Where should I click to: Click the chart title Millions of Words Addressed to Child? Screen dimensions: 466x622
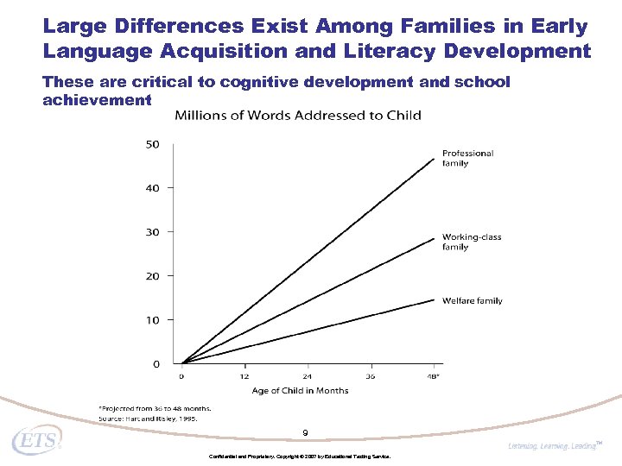(298, 116)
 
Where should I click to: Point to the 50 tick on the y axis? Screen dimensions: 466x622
(152, 144)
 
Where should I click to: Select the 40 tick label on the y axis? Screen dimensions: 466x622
(152, 188)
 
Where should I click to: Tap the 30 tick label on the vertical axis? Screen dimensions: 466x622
(152, 232)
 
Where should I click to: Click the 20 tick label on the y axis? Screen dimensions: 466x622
(152, 276)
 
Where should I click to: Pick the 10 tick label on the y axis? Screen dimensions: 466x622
(152, 320)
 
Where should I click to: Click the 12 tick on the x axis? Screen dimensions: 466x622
(244, 376)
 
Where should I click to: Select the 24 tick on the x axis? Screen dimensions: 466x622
(307, 376)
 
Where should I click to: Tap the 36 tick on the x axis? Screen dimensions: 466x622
(369, 376)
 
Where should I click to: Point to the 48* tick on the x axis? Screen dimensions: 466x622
(433, 376)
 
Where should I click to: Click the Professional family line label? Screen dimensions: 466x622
(467, 158)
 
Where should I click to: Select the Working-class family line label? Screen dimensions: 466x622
(471, 242)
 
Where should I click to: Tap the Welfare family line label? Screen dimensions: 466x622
(472, 301)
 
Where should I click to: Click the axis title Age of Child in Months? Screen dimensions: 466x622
(300, 391)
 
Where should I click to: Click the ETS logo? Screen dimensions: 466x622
(36, 442)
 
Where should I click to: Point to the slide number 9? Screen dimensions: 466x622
(305, 432)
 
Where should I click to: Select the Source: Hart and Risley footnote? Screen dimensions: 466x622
(148, 418)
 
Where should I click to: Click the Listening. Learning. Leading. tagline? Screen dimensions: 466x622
(553, 446)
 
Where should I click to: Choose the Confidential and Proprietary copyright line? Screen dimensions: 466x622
(300, 455)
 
